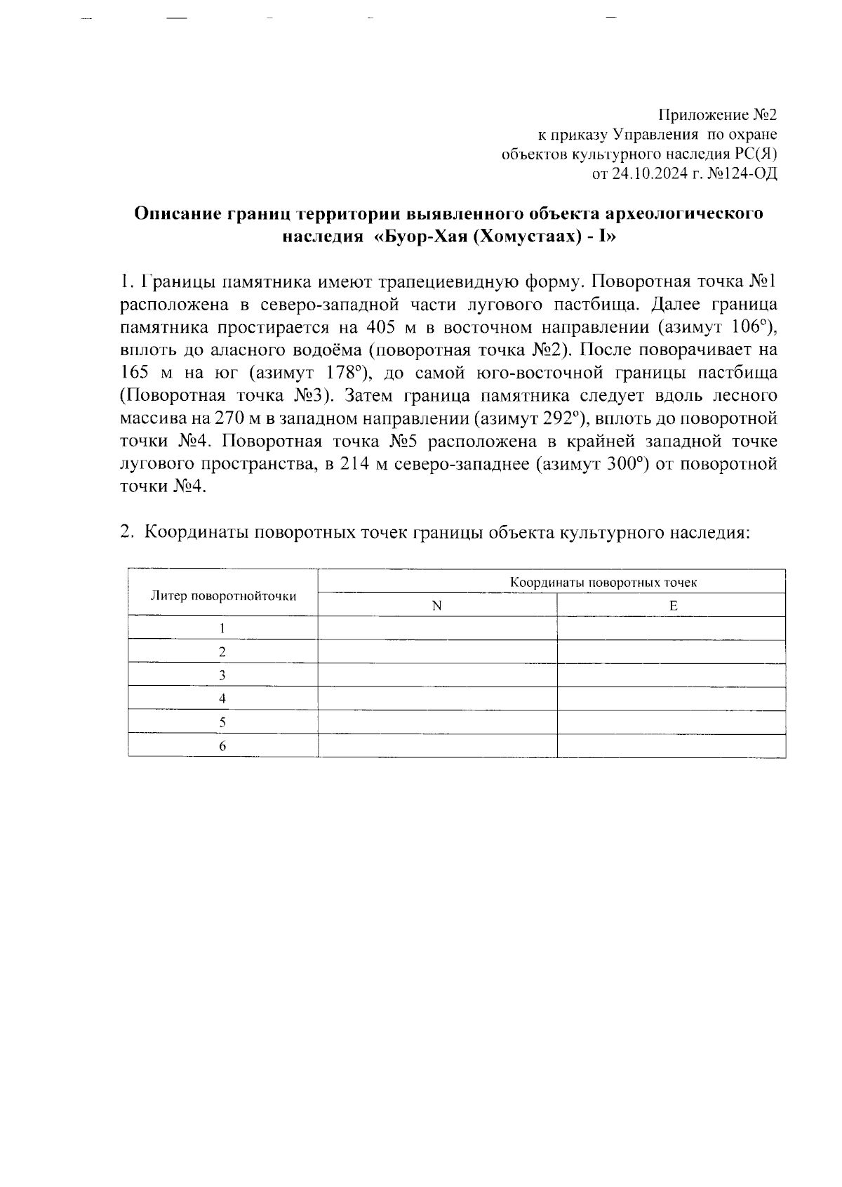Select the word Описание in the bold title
click(176, 213)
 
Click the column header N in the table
click(436, 606)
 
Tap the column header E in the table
click(672, 606)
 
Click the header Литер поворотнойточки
click(223, 596)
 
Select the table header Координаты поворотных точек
click(603, 582)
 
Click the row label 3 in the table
click(222, 675)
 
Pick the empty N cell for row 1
click(436, 628)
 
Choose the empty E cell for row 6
click(671, 746)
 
